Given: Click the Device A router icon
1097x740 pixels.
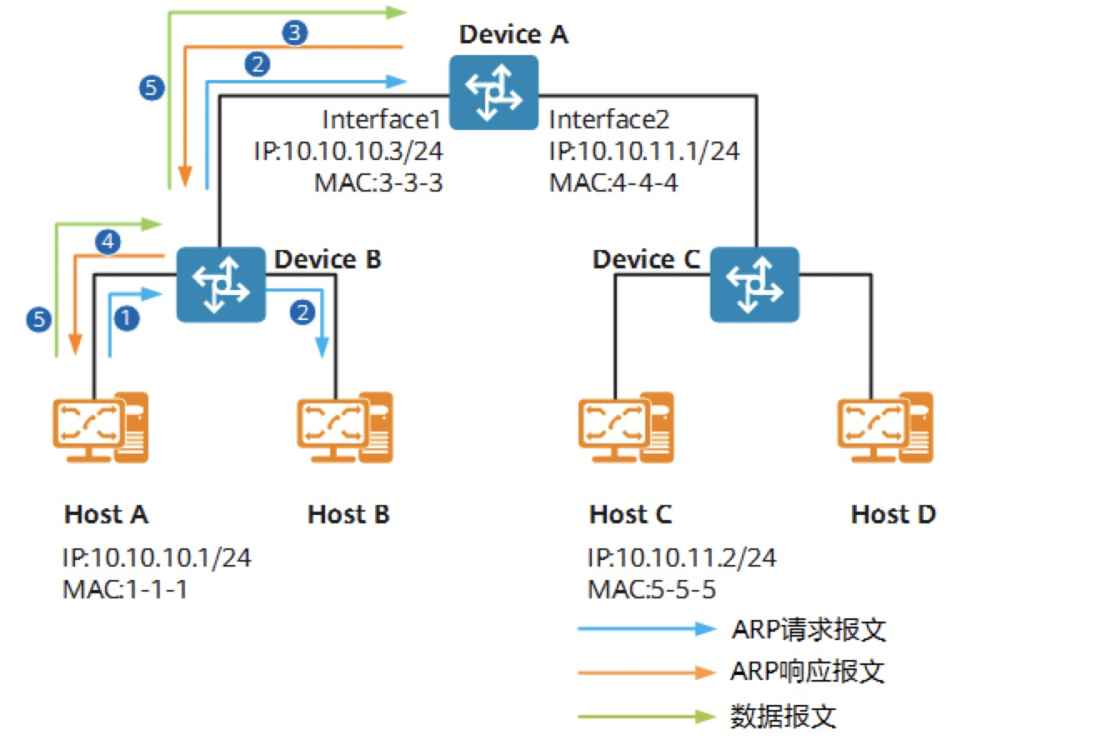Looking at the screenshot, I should coord(493,92).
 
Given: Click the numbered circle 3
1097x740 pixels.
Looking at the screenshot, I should coord(295,33).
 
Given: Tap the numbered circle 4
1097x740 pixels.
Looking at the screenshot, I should coord(107,242).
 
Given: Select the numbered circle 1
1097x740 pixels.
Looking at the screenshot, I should coord(125,317).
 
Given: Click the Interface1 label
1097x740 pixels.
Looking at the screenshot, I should coord(381,119).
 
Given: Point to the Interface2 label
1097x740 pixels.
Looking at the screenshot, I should coord(609,119).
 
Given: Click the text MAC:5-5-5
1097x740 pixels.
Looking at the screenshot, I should coord(652,589).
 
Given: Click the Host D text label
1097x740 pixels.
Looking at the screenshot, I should coord(893,514).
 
